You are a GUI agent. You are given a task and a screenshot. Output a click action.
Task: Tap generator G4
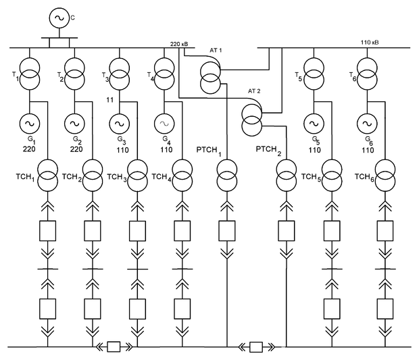(164, 123)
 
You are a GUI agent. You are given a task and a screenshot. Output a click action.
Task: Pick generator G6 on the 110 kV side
(366, 123)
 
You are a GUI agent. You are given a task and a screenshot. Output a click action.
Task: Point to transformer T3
(120, 72)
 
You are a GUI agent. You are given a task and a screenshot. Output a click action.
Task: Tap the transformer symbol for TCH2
(93, 177)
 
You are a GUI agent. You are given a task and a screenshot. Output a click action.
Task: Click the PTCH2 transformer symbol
(286, 177)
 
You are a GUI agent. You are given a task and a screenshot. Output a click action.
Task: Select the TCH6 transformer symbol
(387, 177)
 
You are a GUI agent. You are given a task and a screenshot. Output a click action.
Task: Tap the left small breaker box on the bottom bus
(114, 347)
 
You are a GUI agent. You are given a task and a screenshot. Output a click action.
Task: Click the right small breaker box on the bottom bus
(255, 347)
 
